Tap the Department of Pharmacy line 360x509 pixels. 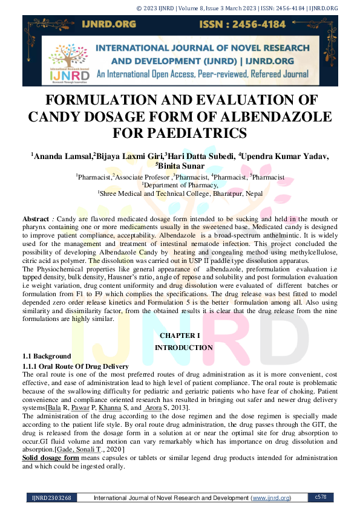(180, 185)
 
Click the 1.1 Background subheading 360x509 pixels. (47, 357)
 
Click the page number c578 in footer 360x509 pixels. (321, 497)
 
